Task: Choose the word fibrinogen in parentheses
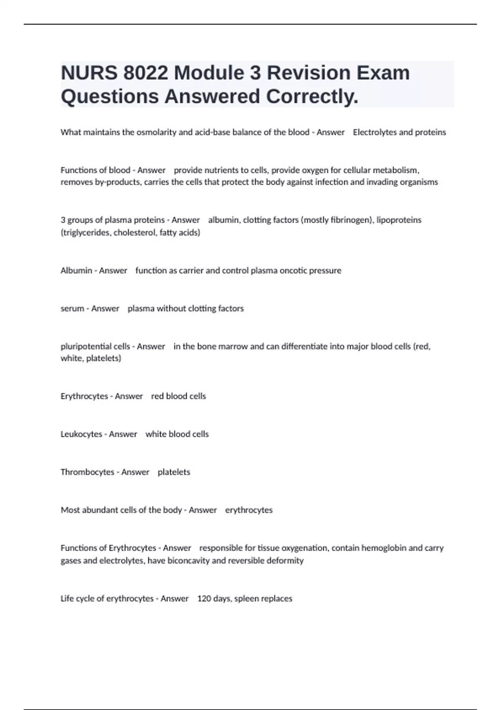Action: (x=352, y=220)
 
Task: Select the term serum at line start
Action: (x=72, y=309)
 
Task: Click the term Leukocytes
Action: (x=81, y=434)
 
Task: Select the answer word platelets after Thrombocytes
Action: (x=174, y=472)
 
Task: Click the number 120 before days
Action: (x=204, y=599)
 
